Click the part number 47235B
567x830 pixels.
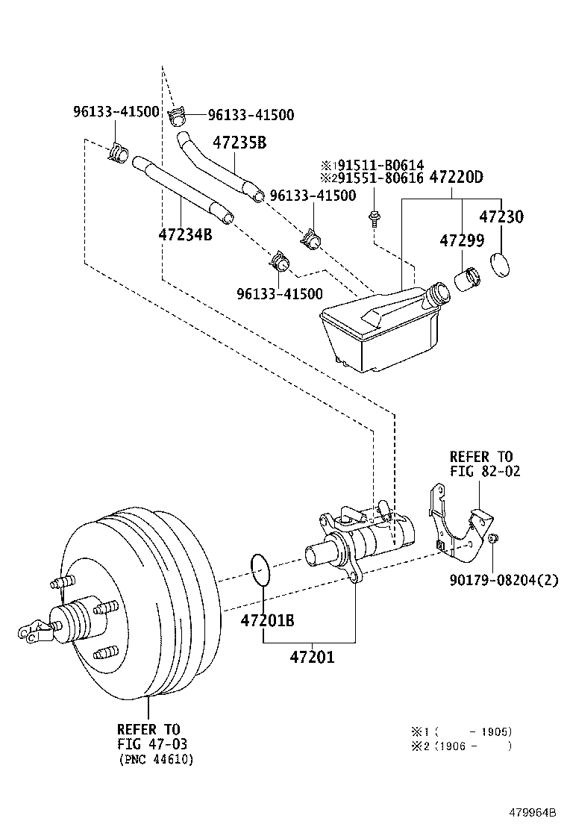click(239, 142)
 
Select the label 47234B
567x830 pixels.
click(185, 234)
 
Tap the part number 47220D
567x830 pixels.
click(456, 178)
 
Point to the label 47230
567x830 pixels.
click(501, 217)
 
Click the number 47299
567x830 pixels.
click(461, 241)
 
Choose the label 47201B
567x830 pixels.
click(267, 620)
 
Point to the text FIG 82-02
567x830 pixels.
click(484, 471)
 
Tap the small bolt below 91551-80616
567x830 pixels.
click(372, 219)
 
